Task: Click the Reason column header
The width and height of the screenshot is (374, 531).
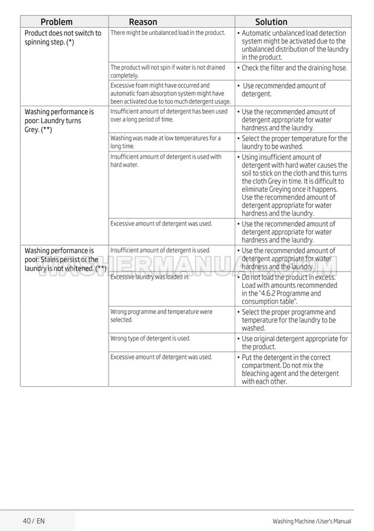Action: (143, 22)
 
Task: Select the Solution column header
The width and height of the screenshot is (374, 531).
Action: (271, 22)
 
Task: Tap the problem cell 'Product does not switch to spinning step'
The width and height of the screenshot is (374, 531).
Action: (63, 37)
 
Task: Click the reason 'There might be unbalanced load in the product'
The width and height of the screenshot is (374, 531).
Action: (168, 33)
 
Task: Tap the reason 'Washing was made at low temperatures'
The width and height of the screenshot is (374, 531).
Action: (165, 142)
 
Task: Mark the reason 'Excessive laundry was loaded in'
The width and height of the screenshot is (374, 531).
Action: (150, 277)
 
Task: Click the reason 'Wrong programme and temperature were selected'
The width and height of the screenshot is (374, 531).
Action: (161, 316)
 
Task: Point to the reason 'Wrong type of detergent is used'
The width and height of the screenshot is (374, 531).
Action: (150, 339)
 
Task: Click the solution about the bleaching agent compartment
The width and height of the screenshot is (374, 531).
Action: (290, 369)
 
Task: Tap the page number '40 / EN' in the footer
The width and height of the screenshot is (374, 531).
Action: (34, 520)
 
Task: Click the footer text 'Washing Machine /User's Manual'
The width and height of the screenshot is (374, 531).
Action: (311, 521)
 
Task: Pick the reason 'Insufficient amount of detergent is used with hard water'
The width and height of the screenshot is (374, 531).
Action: (166, 161)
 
